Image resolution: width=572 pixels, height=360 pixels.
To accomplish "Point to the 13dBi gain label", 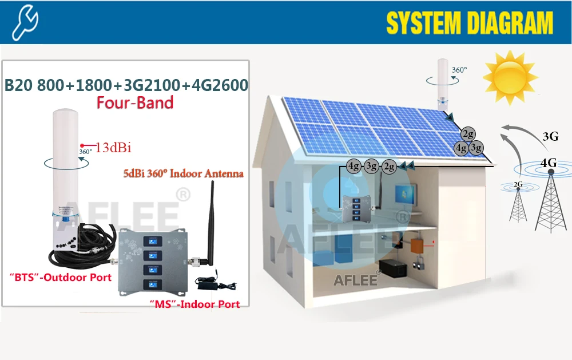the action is (113, 148).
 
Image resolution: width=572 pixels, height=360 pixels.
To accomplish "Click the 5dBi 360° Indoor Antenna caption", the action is (183, 173).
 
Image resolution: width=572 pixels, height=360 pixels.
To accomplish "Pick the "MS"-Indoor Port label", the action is (194, 304).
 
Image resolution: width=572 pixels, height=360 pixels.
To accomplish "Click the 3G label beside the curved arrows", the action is (550, 137).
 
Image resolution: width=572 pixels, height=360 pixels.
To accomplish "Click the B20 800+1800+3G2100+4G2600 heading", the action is (126, 85).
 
